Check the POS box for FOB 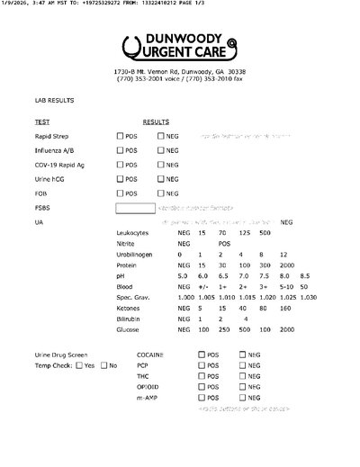click(121, 193)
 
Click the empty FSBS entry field click(135, 208)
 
